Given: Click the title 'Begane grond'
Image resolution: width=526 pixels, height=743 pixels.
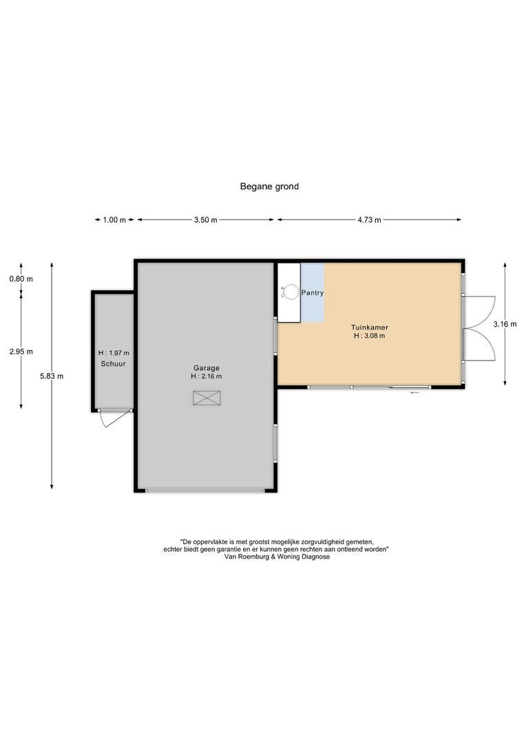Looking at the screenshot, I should click(x=269, y=186).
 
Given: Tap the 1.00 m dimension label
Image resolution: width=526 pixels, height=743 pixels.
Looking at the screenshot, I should click(x=114, y=220).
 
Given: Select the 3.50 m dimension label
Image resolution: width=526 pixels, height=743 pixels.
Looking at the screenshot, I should click(x=205, y=220).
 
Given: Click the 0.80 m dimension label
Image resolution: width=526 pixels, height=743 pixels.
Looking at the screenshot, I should click(x=21, y=279).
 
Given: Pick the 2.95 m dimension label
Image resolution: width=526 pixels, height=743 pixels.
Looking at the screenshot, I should click(x=21, y=351).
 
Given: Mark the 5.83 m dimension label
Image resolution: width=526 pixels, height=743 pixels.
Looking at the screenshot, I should click(x=52, y=376).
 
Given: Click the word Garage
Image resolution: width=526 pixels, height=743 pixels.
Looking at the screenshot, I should click(x=207, y=367).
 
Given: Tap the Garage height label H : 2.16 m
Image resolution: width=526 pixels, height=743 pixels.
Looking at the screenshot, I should click(x=207, y=376).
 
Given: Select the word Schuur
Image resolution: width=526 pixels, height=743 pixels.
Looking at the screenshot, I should click(x=113, y=363).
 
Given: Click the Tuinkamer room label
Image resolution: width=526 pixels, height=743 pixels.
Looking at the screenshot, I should click(x=369, y=327).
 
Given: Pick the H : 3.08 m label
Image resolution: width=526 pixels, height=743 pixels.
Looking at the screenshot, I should click(x=369, y=336).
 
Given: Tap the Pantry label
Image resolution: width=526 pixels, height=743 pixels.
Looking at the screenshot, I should click(x=312, y=293).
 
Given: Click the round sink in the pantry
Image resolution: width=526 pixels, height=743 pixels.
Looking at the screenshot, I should click(x=292, y=292).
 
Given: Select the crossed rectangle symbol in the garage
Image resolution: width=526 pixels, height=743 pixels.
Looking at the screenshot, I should click(x=207, y=398).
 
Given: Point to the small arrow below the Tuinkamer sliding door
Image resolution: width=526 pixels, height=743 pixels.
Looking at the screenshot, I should click(x=415, y=393).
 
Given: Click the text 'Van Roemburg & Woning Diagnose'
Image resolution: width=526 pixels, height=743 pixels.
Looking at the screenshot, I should click(x=277, y=557).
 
